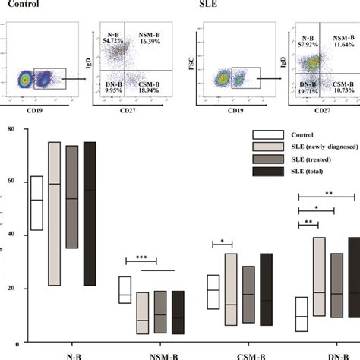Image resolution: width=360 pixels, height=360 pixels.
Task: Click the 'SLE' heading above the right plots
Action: [207, 5]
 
